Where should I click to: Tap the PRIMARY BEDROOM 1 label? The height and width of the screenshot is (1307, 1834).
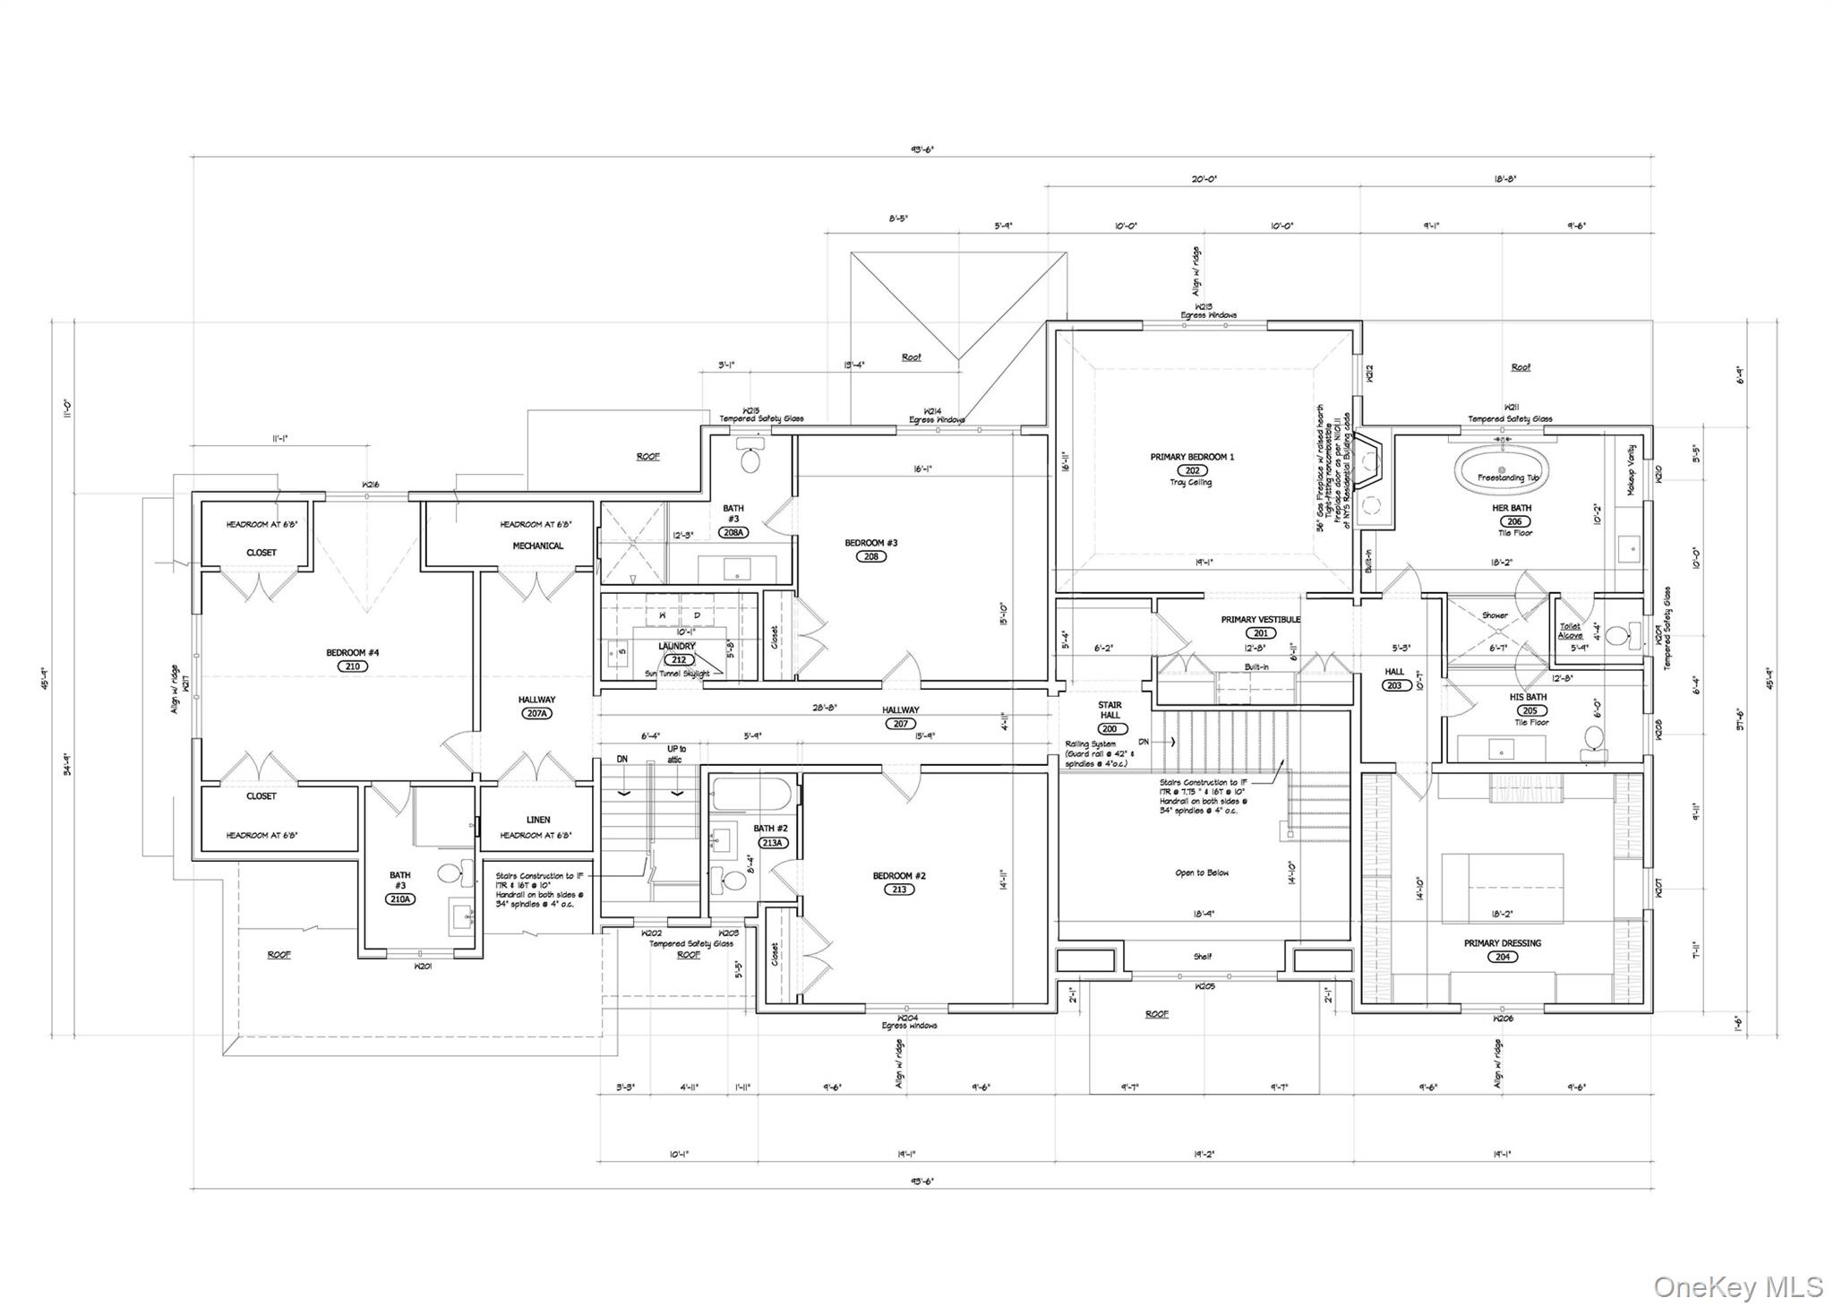1192,457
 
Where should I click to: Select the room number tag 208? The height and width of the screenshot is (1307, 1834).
871,556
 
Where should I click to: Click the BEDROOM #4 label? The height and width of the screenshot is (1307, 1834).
352,653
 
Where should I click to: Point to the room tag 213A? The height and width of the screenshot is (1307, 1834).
771,843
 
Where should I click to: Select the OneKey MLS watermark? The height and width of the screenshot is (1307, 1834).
1737,1287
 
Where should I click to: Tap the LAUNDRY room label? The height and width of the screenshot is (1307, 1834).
677,646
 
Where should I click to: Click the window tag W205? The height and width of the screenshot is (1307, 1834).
1204,986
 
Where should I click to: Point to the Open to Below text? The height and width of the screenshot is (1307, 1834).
1202,873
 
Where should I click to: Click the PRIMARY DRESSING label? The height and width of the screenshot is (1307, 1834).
1503,943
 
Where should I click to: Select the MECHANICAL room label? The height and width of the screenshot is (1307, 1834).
538,546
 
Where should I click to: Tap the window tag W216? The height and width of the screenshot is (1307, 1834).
370,485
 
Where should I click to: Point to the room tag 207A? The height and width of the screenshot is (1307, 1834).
536,714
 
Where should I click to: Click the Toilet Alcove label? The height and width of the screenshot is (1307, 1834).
1570,631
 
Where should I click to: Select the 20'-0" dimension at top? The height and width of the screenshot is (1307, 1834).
1204,179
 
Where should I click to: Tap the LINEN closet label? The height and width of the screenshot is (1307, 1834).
538,820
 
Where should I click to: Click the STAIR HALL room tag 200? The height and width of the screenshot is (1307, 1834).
1110,729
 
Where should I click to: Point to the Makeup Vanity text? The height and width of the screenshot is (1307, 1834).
1632,470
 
